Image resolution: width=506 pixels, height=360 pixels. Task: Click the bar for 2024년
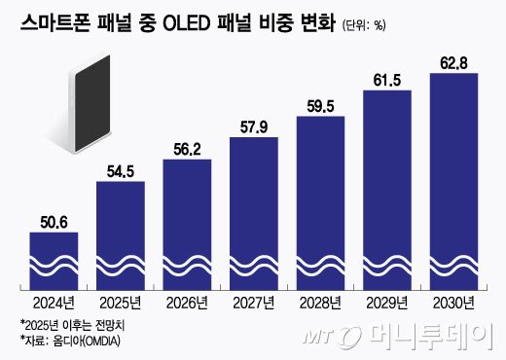coord(54,261)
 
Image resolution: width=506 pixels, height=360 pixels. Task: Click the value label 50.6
coord(54,222)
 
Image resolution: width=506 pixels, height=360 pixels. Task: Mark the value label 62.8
coord(453,63)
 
